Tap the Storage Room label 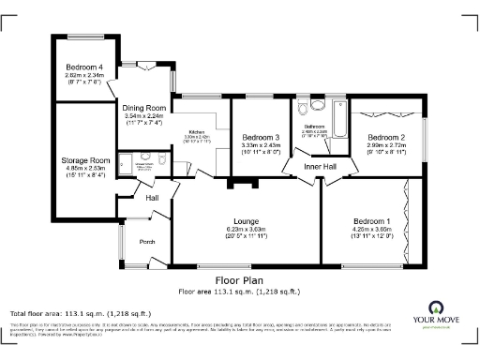click(80, 160)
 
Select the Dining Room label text click(144, 108)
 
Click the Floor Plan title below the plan click(239, 279)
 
